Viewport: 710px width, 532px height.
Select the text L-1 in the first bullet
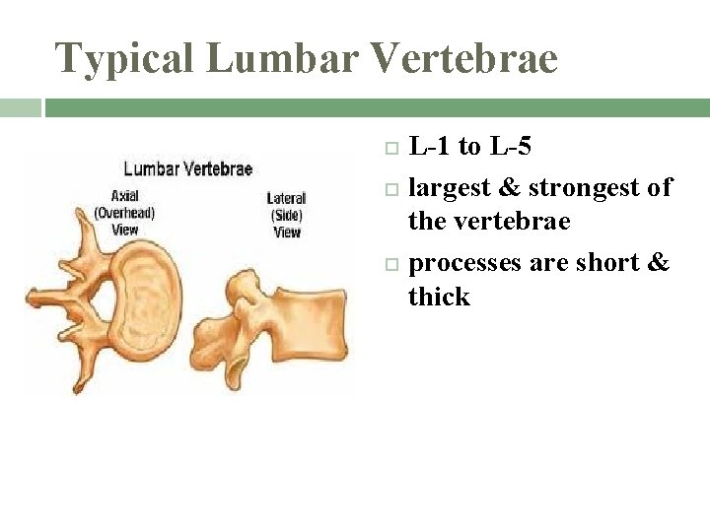click(x=430, y=148)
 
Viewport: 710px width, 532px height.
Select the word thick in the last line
click(x=439, y=297)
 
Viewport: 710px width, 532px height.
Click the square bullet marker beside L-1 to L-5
click(x=390, y=149)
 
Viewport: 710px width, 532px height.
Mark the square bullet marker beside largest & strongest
click(x=390, y=187)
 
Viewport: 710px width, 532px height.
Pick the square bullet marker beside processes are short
click(x=390, y=264)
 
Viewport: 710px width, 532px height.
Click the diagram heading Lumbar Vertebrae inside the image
click(x=187, y=168)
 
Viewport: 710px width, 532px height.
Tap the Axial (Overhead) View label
click(x=124, y=213)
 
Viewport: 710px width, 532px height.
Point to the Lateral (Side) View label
click(x=286, y=215)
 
